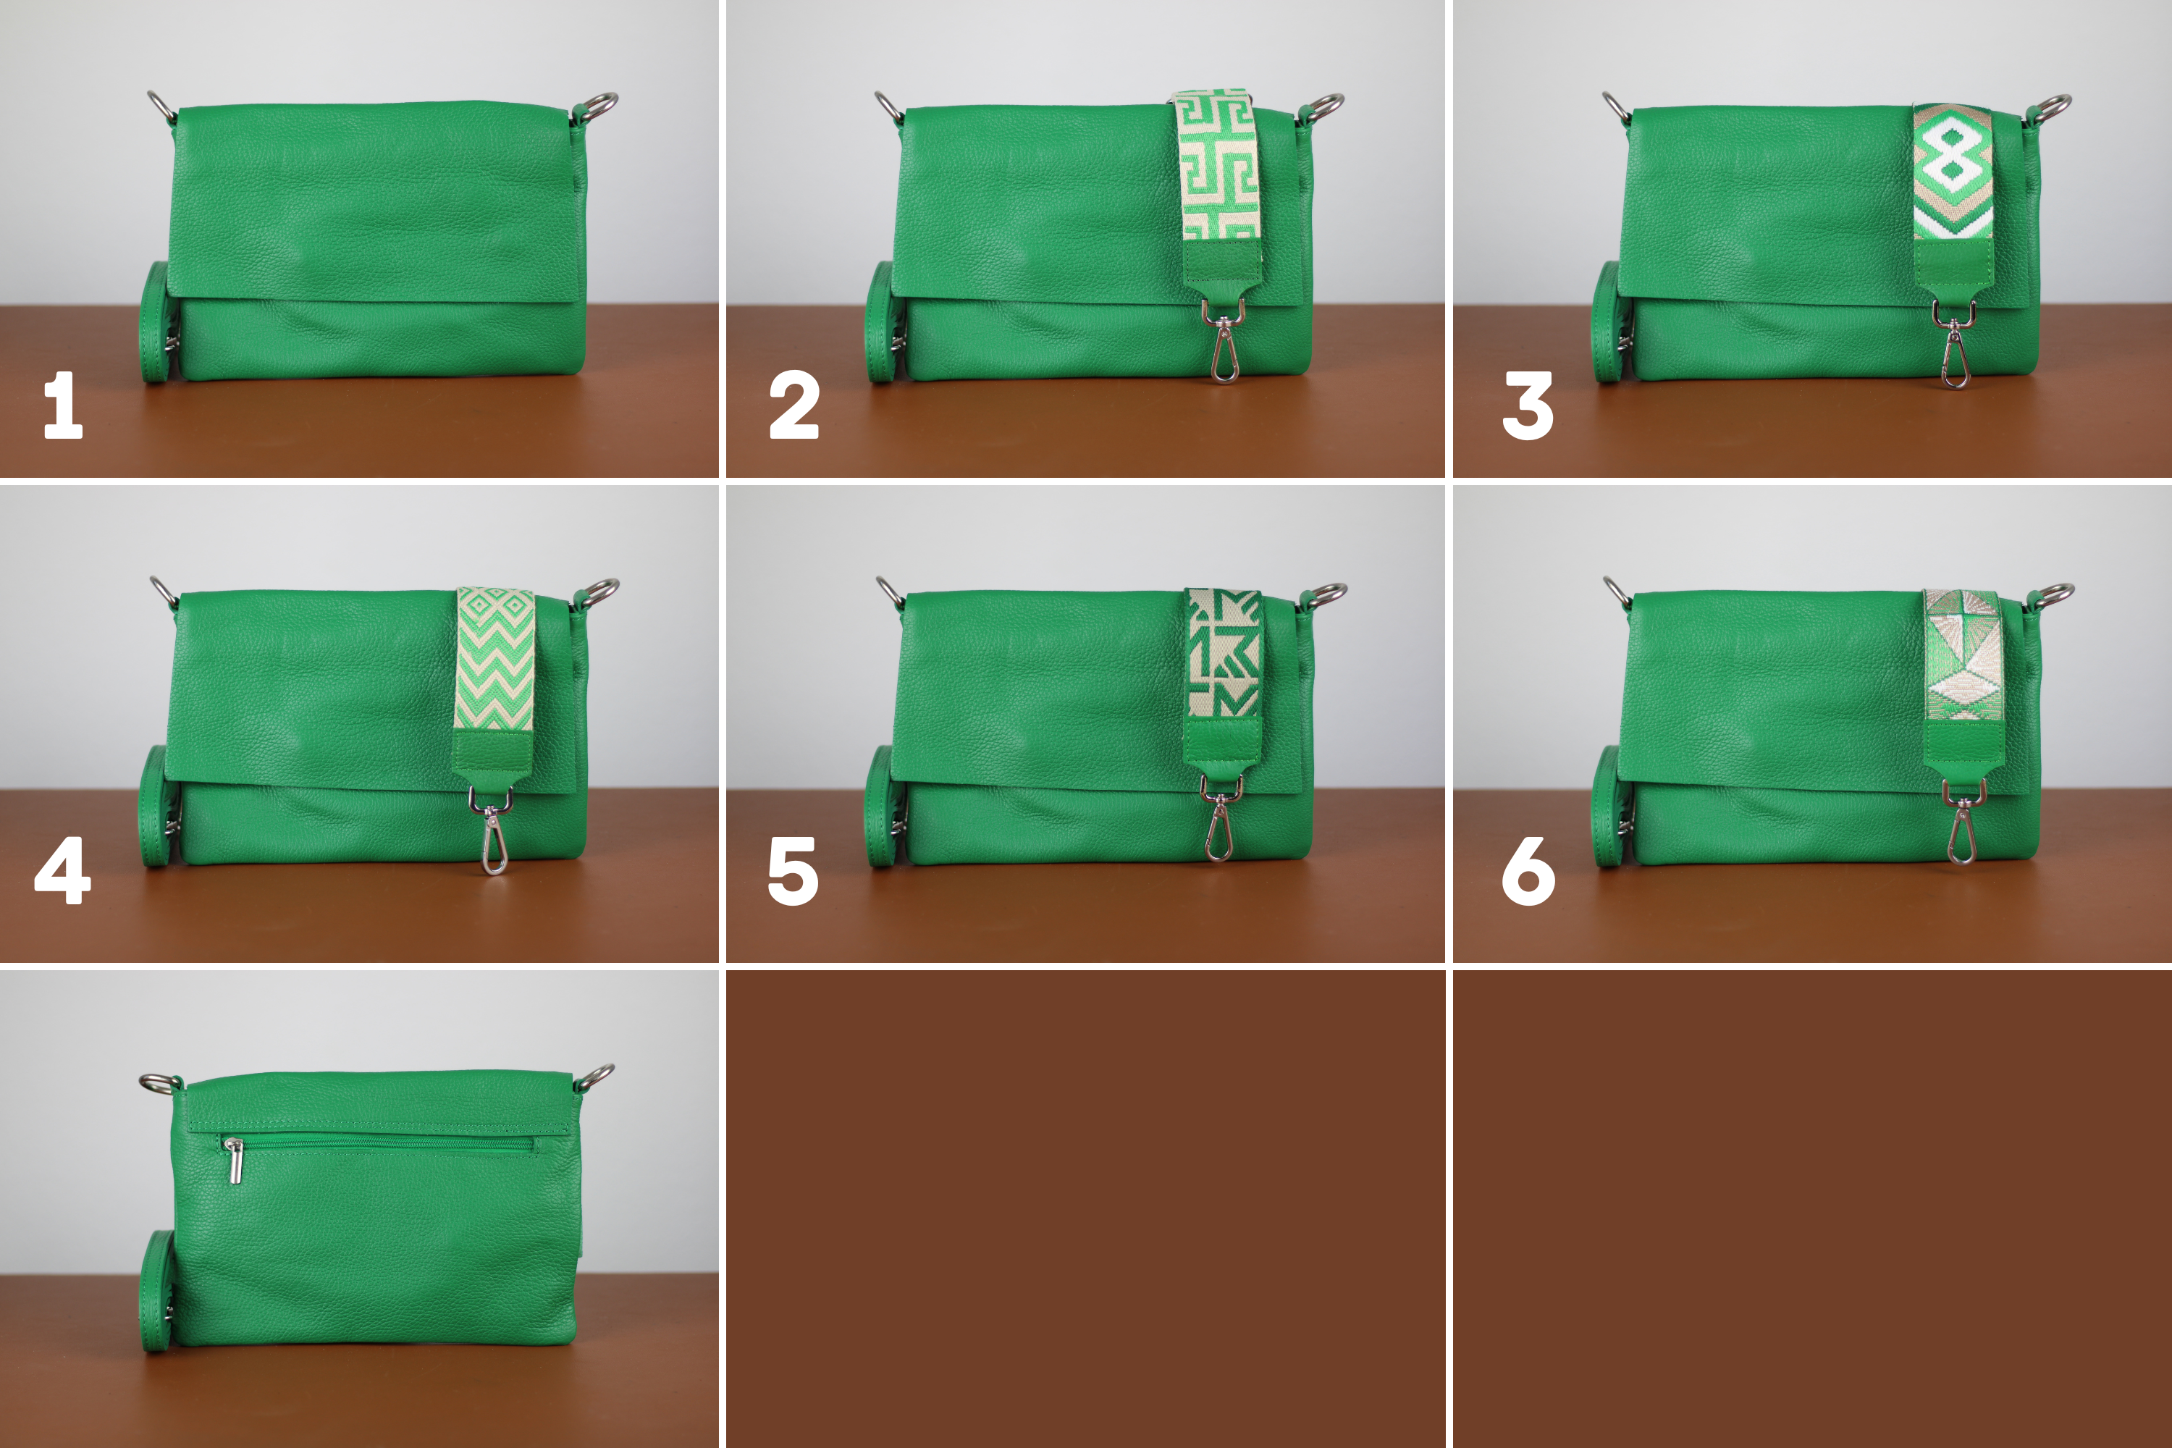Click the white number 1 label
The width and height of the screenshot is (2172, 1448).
coord(64,405)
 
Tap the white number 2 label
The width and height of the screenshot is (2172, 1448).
coord(794,405)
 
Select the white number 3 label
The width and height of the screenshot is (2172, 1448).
coord(1528,405)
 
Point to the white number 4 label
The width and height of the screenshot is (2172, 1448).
coord(63,870)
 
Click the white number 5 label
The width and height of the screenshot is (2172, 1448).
coord(794,871)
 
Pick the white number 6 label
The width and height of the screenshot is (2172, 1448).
coord(1528,871)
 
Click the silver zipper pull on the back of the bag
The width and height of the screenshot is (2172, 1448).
coord(235,1161)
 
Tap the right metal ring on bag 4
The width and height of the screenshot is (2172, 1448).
coord(599,592)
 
